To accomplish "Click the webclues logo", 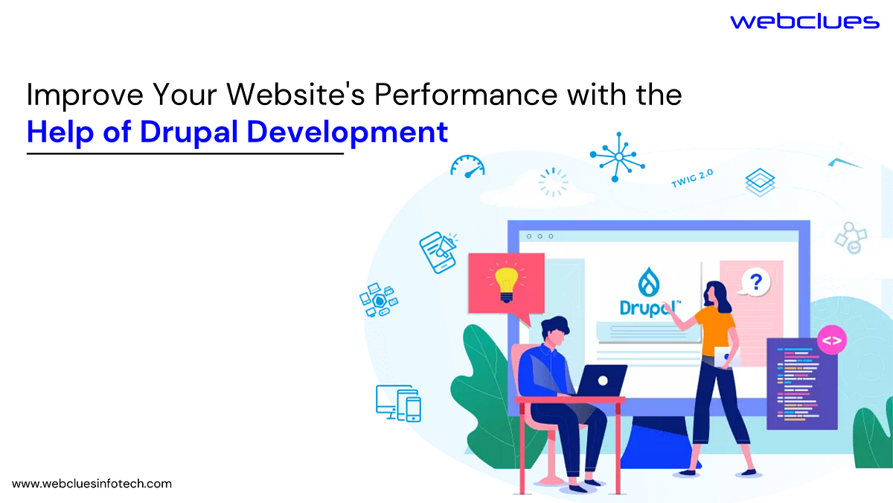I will click(x=804, y=22).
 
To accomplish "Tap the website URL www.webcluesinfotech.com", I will click(x=92, y=484).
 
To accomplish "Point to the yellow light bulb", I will click(x=506, y=283).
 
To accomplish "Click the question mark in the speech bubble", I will click(x=756, y=282).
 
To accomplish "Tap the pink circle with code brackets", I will click(x=832, y=341).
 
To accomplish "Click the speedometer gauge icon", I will click(x=467, y=165).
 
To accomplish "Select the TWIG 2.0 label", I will click(x=691, y=179).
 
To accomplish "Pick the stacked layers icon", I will click(x=760, y=181).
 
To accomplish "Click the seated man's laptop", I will click(x=601, y=380).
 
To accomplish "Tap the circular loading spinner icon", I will click(x=553, y=183).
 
